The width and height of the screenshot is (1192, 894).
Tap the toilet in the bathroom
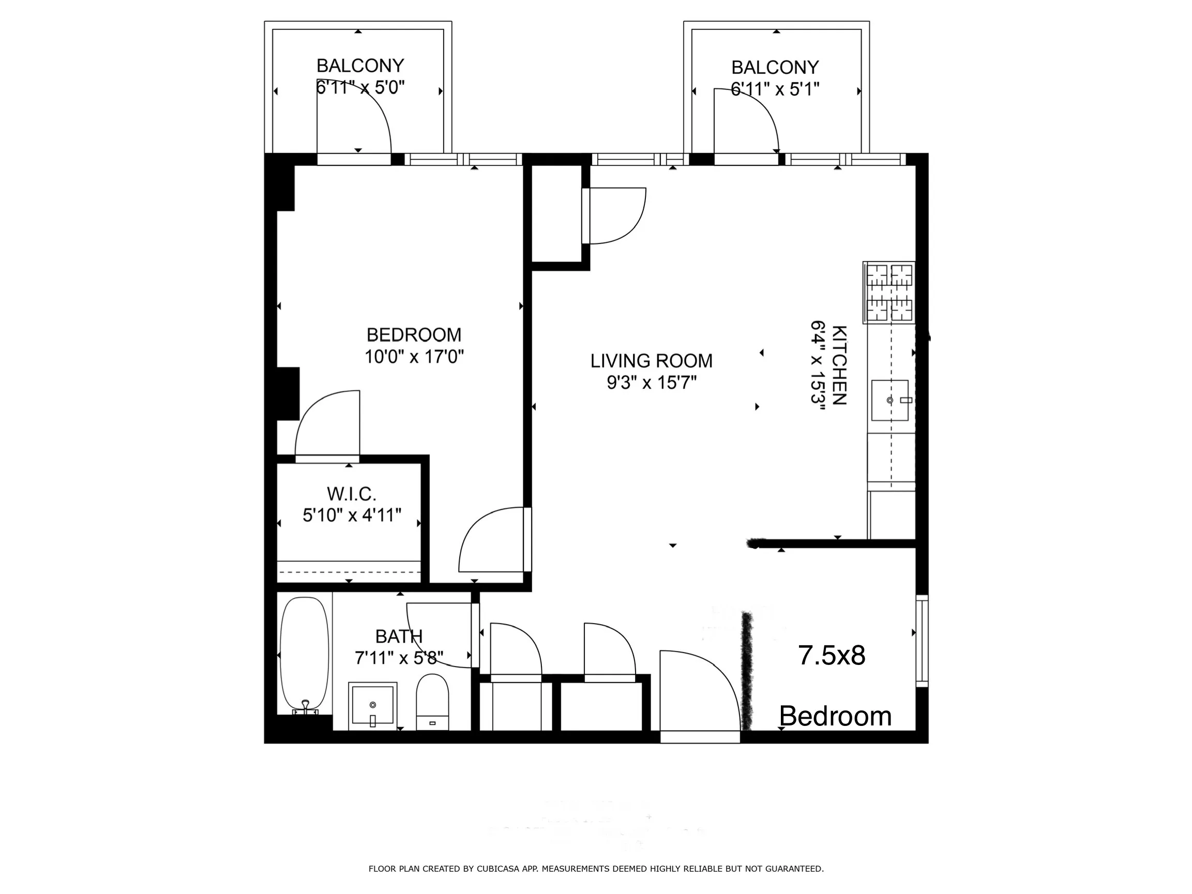click(432, 701)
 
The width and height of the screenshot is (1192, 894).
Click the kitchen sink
click(889, 400)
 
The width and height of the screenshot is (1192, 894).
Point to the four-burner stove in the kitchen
click(889, 292)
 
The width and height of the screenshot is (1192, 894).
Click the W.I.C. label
click(351, 494)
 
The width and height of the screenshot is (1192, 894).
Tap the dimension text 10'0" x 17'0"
click(414, 357)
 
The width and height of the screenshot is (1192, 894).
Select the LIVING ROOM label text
click(651, 361)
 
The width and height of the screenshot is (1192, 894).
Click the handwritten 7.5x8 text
click(831, 656)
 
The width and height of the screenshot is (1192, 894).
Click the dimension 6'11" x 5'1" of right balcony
click(774, 89)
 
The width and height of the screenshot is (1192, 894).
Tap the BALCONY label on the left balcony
click(360, 66)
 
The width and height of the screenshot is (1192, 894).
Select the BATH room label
click(399, 637)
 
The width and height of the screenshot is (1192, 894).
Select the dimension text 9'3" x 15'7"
click(651, 383)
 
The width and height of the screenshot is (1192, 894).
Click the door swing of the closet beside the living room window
click(617, 215)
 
